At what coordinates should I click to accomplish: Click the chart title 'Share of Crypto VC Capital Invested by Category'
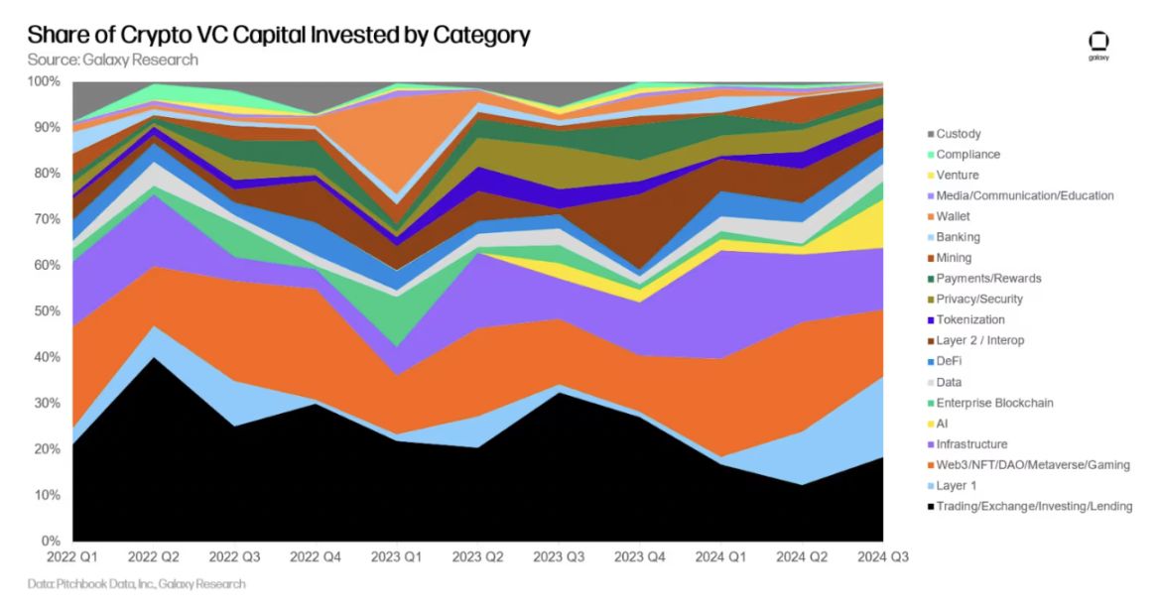(x=279, y=35)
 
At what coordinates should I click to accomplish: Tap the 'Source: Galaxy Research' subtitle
(x=112, y=60)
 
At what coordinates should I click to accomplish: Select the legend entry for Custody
(x=958, y=134)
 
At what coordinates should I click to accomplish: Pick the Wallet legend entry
(x=953, y=216)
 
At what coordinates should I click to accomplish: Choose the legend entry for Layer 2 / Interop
(x=979, y=340)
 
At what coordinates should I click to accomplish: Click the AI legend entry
(x=942, y=424)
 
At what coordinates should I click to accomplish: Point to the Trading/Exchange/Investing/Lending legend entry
(x=1033, y=507)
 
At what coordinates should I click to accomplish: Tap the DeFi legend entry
(x=950, y=361)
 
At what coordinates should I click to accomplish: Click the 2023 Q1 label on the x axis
(x=396, y=557)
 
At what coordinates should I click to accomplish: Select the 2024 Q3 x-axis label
(x=882, y=557)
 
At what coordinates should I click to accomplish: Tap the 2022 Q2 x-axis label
(x=153, y=557)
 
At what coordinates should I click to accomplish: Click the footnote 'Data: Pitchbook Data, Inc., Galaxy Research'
(x=136, y=584)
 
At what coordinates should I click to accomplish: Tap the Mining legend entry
(x=954, y=258)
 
